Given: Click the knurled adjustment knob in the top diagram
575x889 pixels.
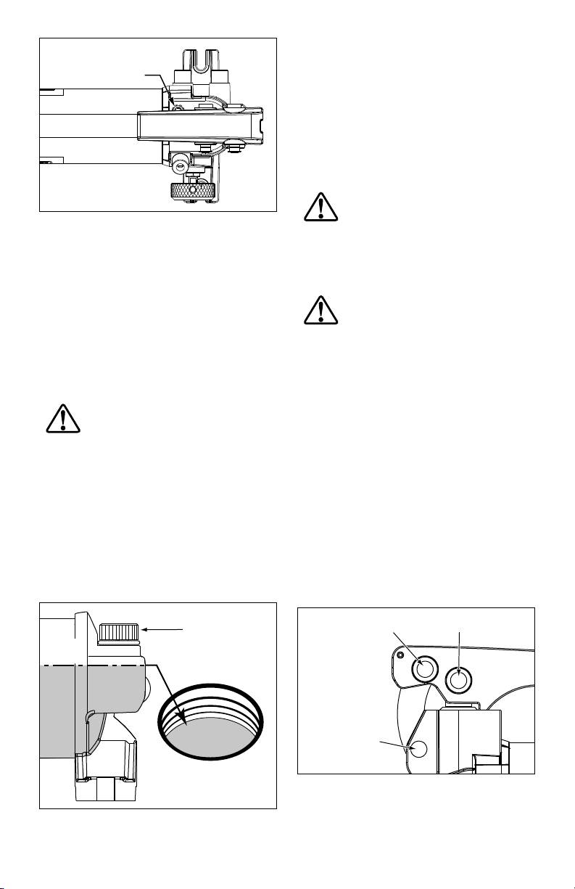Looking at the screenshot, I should coord(193,192).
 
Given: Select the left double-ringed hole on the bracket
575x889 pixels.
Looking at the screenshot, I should coord(423,670).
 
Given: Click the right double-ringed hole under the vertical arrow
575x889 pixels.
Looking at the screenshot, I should coord(459,679).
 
